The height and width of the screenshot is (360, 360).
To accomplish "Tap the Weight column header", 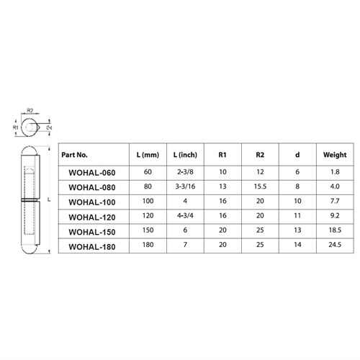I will click(x=335, y=155).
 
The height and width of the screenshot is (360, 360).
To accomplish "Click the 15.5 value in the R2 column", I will click(x=260, y=187).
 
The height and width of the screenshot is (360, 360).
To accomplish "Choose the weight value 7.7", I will click(x=335, y=202).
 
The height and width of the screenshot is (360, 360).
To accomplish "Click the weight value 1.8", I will click(x=335, y=172).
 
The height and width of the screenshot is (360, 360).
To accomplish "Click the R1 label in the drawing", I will click(x=16, y=127).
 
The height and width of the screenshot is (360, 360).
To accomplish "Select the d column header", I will click(x=298, y=155).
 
